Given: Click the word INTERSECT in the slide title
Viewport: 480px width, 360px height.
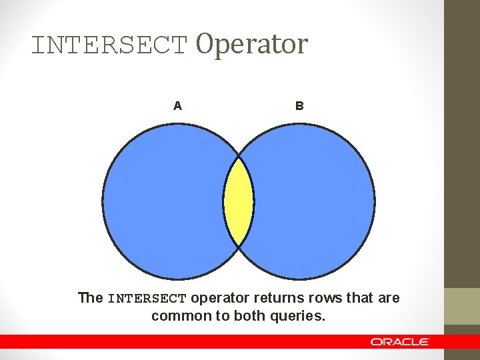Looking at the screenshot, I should click(x=110, y=45).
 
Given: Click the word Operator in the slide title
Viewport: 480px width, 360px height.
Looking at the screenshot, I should click(x=251, y=44).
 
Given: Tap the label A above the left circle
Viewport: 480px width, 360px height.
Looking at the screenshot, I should click(x=177, y=105).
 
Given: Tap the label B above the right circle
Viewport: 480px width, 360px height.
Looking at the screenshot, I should click(x=299, y=105).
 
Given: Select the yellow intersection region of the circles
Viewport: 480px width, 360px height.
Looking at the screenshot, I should click(x=239, y=201).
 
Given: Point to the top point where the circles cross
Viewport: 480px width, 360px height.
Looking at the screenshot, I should click(x=239, y=157).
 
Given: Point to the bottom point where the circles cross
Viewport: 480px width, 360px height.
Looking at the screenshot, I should click(x=239, y=246).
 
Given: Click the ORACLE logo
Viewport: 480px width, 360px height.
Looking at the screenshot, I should click(x=400, y=341).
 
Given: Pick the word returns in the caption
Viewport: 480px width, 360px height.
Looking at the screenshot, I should click(x=275, y=298).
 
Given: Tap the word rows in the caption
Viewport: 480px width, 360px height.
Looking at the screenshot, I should click(x=321, y=298).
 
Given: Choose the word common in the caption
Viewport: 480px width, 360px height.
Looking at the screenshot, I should click(x=175, y=315).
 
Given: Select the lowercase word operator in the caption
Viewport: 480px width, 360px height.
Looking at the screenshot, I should click(x=219, y=298).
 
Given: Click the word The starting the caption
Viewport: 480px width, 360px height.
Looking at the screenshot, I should click(x=90, y=298).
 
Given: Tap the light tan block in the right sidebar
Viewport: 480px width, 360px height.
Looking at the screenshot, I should click(x=462, y=306).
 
